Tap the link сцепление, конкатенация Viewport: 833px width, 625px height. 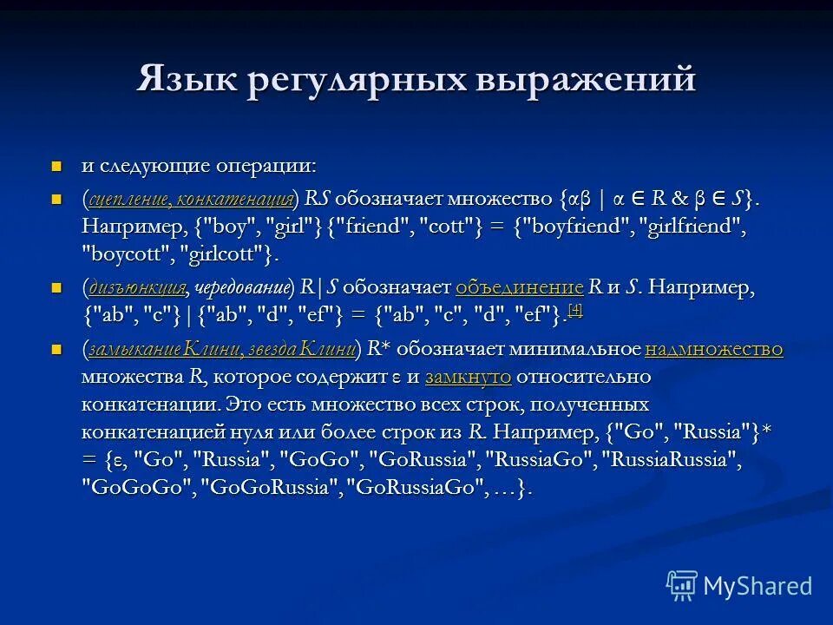click(x=191, y=198)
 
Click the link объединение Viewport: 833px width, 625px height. click(x=519, y=288)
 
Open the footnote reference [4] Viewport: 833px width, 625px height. click(x=575, y=312)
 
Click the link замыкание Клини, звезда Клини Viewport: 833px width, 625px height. click(x=221, y=351)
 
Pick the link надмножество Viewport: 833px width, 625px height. click(x=714, y=351)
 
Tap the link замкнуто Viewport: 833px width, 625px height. click(x=469, y=378)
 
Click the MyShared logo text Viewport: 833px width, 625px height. click(x=758, y=586)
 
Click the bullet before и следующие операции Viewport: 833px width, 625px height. click(x=57, y=165)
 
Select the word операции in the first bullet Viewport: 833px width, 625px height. click(x=279, y=166)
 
